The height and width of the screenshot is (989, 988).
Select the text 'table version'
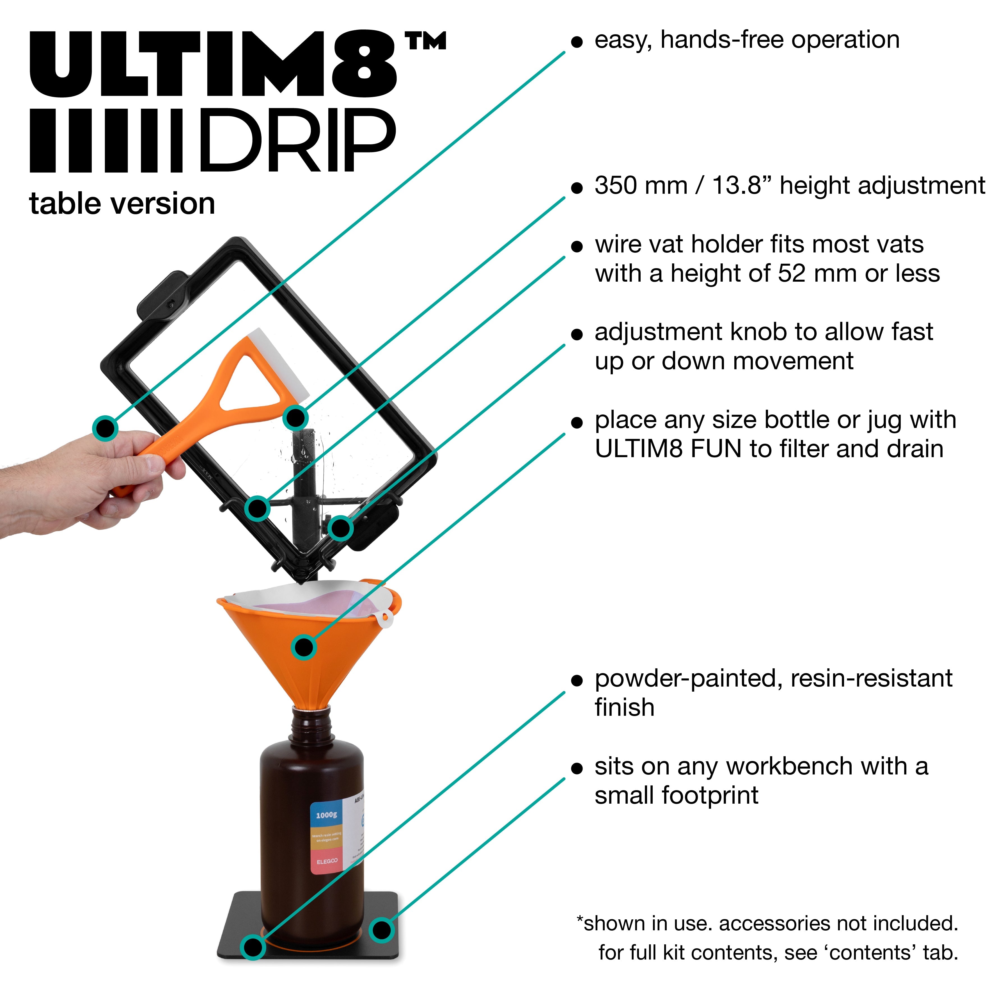point(122,204)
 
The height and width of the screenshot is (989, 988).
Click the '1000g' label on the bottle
point(326,814)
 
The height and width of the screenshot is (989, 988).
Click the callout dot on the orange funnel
point(304,647)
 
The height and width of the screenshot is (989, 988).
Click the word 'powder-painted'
point(688,678)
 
